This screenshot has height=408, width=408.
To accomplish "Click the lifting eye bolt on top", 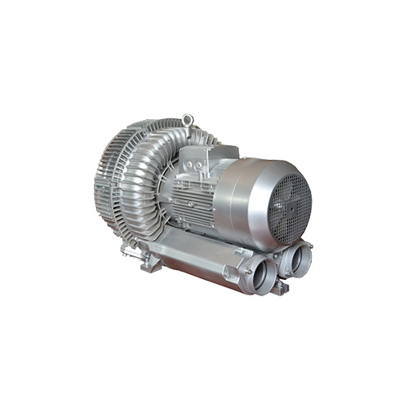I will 188,121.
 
